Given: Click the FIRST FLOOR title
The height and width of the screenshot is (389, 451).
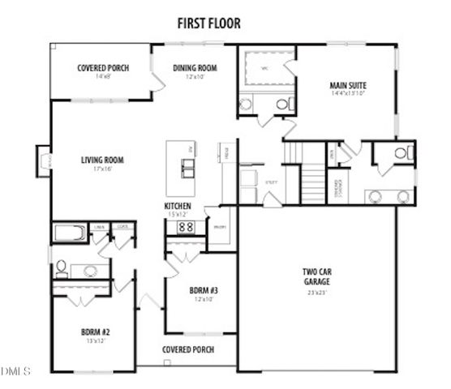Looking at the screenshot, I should pyautogui.click(x=208, y=24).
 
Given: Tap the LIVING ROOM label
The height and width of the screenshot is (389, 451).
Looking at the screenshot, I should pyautogui.click(x=101, y=160).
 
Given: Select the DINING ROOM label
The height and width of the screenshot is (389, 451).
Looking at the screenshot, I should pyautogui.click(x=195, y=68).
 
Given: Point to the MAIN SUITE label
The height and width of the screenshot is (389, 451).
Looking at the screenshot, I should pyautogui.click(x=350, y=84).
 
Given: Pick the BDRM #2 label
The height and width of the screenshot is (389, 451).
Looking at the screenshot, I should pyautogui.click(x=97, y=331).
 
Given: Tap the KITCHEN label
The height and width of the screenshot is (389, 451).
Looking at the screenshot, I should pyautogui.click(x=178, y=207).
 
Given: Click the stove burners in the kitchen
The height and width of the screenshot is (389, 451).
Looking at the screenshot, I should pyautogui.click(x=185, y=228).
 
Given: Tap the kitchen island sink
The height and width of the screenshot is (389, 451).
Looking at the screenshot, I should pyautogui.click(x=187, y=169).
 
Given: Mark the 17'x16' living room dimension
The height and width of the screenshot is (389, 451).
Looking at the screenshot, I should pyautogui.click(x=101, y=169).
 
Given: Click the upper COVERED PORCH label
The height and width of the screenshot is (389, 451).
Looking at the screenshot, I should pyautogui.click(x=103, y=68).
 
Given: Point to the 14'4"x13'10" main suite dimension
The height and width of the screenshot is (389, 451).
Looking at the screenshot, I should pyautogui.click(x=350, y=94).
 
